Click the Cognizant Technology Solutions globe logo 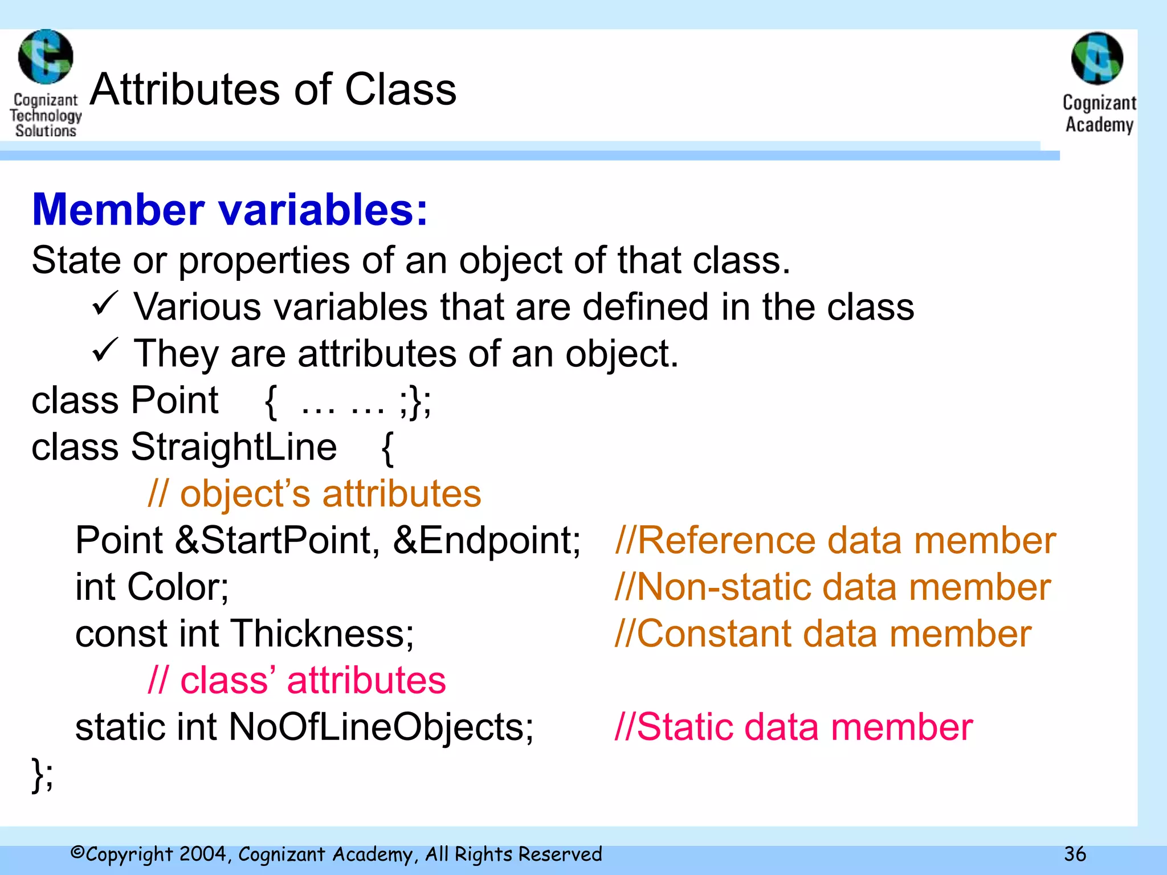(x=46, y=57)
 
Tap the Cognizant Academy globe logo (x=1097, y=59)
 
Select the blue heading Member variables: (x=230, y=210)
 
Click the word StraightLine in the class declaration (x=234, y=447)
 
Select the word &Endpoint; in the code (x=487, y=540)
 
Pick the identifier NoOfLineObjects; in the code (x=381, y=727)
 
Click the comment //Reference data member (x=835, y=540)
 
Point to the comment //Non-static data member (x=833, y=587)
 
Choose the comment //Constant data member (x=823, y=633)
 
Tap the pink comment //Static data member (x=793, y=727)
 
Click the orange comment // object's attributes (x=314, y=493)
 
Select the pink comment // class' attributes (x=296, y=680)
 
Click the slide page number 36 (x=1075, y=854)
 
